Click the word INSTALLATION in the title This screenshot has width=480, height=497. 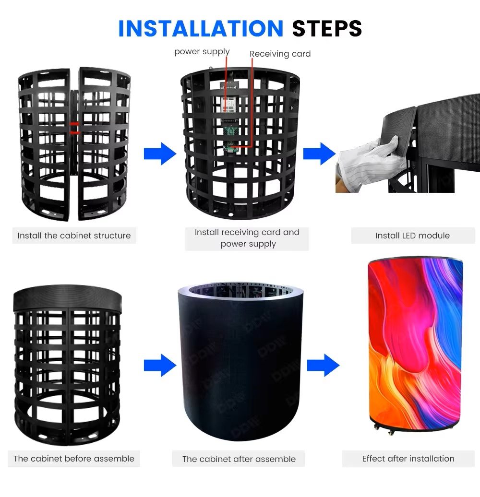[x=201, y=28]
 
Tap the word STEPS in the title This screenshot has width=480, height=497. [x=327, y=28]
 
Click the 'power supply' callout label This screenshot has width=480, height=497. [x=202, y=52]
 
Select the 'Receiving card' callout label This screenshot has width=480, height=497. [x=280, y=54]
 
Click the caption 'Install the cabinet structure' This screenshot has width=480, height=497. [x=74, y=236]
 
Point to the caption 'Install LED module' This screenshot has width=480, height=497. [x=412, y=236]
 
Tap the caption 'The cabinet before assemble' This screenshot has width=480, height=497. [x=74, y=458]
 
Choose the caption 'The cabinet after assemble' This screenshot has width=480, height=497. [x=239, y=459]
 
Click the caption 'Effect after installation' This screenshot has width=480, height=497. [x=408, y=458]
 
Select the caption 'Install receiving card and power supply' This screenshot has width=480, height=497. [x=247, y=238]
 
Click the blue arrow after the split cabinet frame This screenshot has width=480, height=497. [x=160, y=154]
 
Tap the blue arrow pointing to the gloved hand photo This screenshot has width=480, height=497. [x=319, y=154]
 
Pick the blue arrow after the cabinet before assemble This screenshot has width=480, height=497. [x=160, y=365]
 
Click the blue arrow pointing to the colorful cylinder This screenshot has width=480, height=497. [x=323, y=365]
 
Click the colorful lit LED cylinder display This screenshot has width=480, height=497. [x=415, y=344]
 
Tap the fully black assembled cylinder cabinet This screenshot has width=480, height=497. [x=240, y=361]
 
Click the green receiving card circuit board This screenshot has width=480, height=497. [x=231, y=140]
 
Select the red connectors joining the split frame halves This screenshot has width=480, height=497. [x=75, y=128]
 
